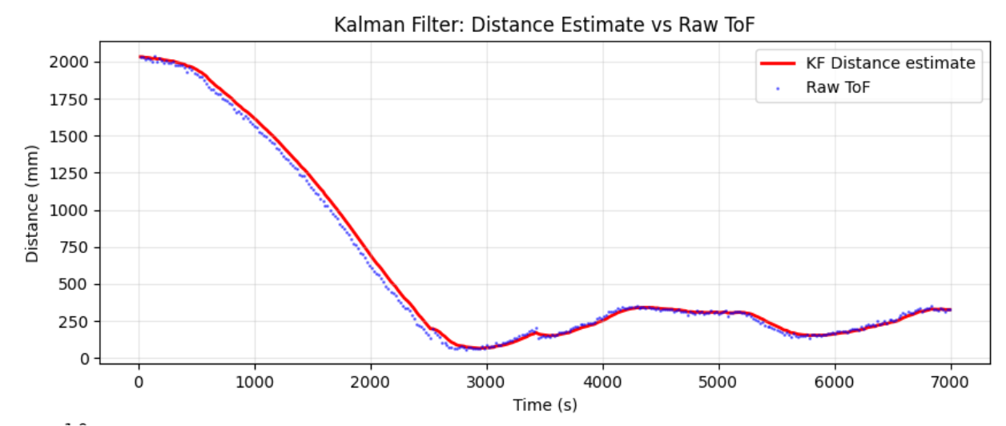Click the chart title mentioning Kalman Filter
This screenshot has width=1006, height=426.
[x=544, y=26]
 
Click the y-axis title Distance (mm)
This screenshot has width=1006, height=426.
[x=33, y=203]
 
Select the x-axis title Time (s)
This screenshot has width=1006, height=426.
[x=545, y=404]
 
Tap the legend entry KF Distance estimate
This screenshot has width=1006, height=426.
[x=890, y=62]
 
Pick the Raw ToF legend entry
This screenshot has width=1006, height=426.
[x=837, y=87]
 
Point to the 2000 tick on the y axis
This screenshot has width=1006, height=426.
[x=72, y=62]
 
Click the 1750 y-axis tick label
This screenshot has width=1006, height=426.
[x=72, y=100]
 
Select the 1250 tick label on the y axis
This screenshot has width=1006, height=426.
[x=72, y=174]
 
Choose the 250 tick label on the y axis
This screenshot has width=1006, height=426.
[x=76, y=322]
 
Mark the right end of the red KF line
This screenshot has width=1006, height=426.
[x=951, y=309]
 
